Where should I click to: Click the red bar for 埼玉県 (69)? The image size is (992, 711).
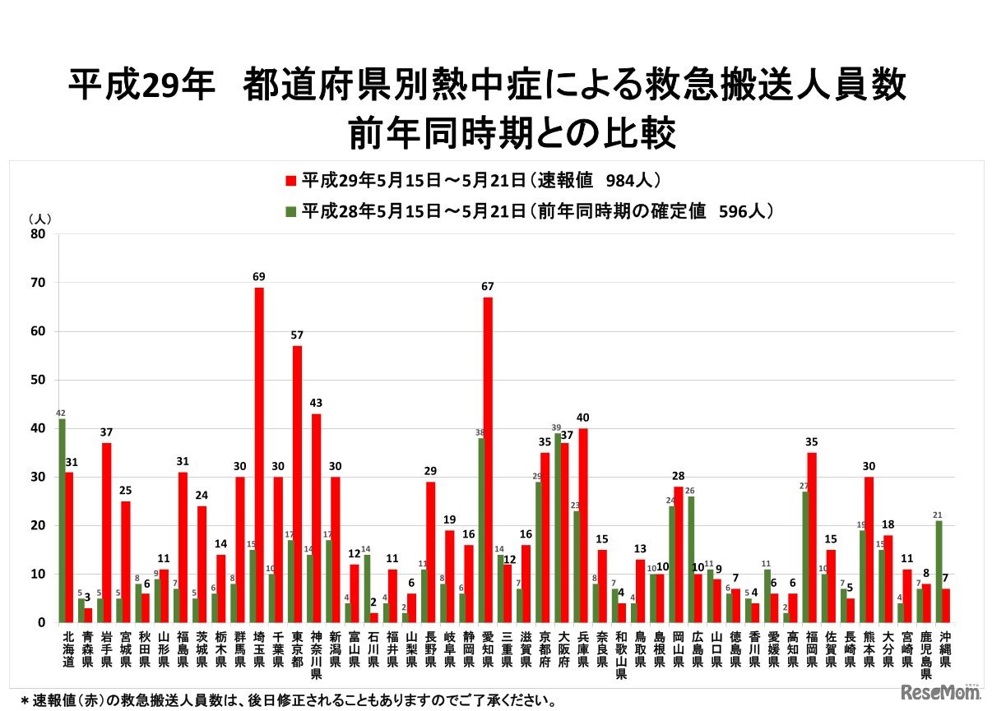[x=259, y=455]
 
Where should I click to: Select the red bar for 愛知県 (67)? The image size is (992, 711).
[x=488, y=459]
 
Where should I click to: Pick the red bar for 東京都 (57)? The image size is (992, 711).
[x=297, y=484]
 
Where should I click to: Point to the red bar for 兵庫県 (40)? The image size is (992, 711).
[x=583, y=525]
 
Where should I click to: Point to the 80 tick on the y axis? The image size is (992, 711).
[x=39, y=234]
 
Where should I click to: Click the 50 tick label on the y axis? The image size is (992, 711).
[x=39, y=380]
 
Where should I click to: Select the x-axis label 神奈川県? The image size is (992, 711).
[x=316, y=654]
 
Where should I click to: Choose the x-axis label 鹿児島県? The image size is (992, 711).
[x=927, y=654]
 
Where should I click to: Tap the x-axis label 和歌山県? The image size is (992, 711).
[x=621, y=654]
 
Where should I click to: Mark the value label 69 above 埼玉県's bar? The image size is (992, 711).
[x=259, y=276]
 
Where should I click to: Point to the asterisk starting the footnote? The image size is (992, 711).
[x=25, y=701]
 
